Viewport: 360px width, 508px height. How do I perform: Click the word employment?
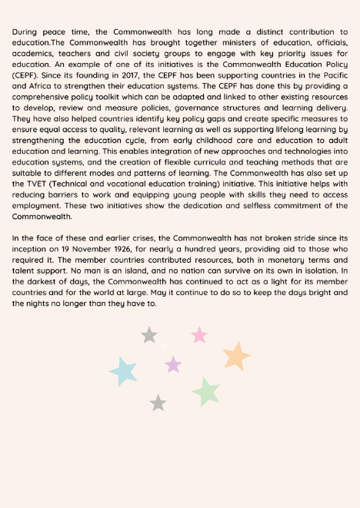click(x=38, y=206)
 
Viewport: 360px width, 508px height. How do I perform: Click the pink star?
click(x=199, y=334)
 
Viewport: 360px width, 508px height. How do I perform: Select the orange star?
click(x=236, y=356)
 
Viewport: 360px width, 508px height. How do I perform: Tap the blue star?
click(x=124, y=371)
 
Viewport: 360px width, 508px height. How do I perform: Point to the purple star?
click(x=174, y=364)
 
